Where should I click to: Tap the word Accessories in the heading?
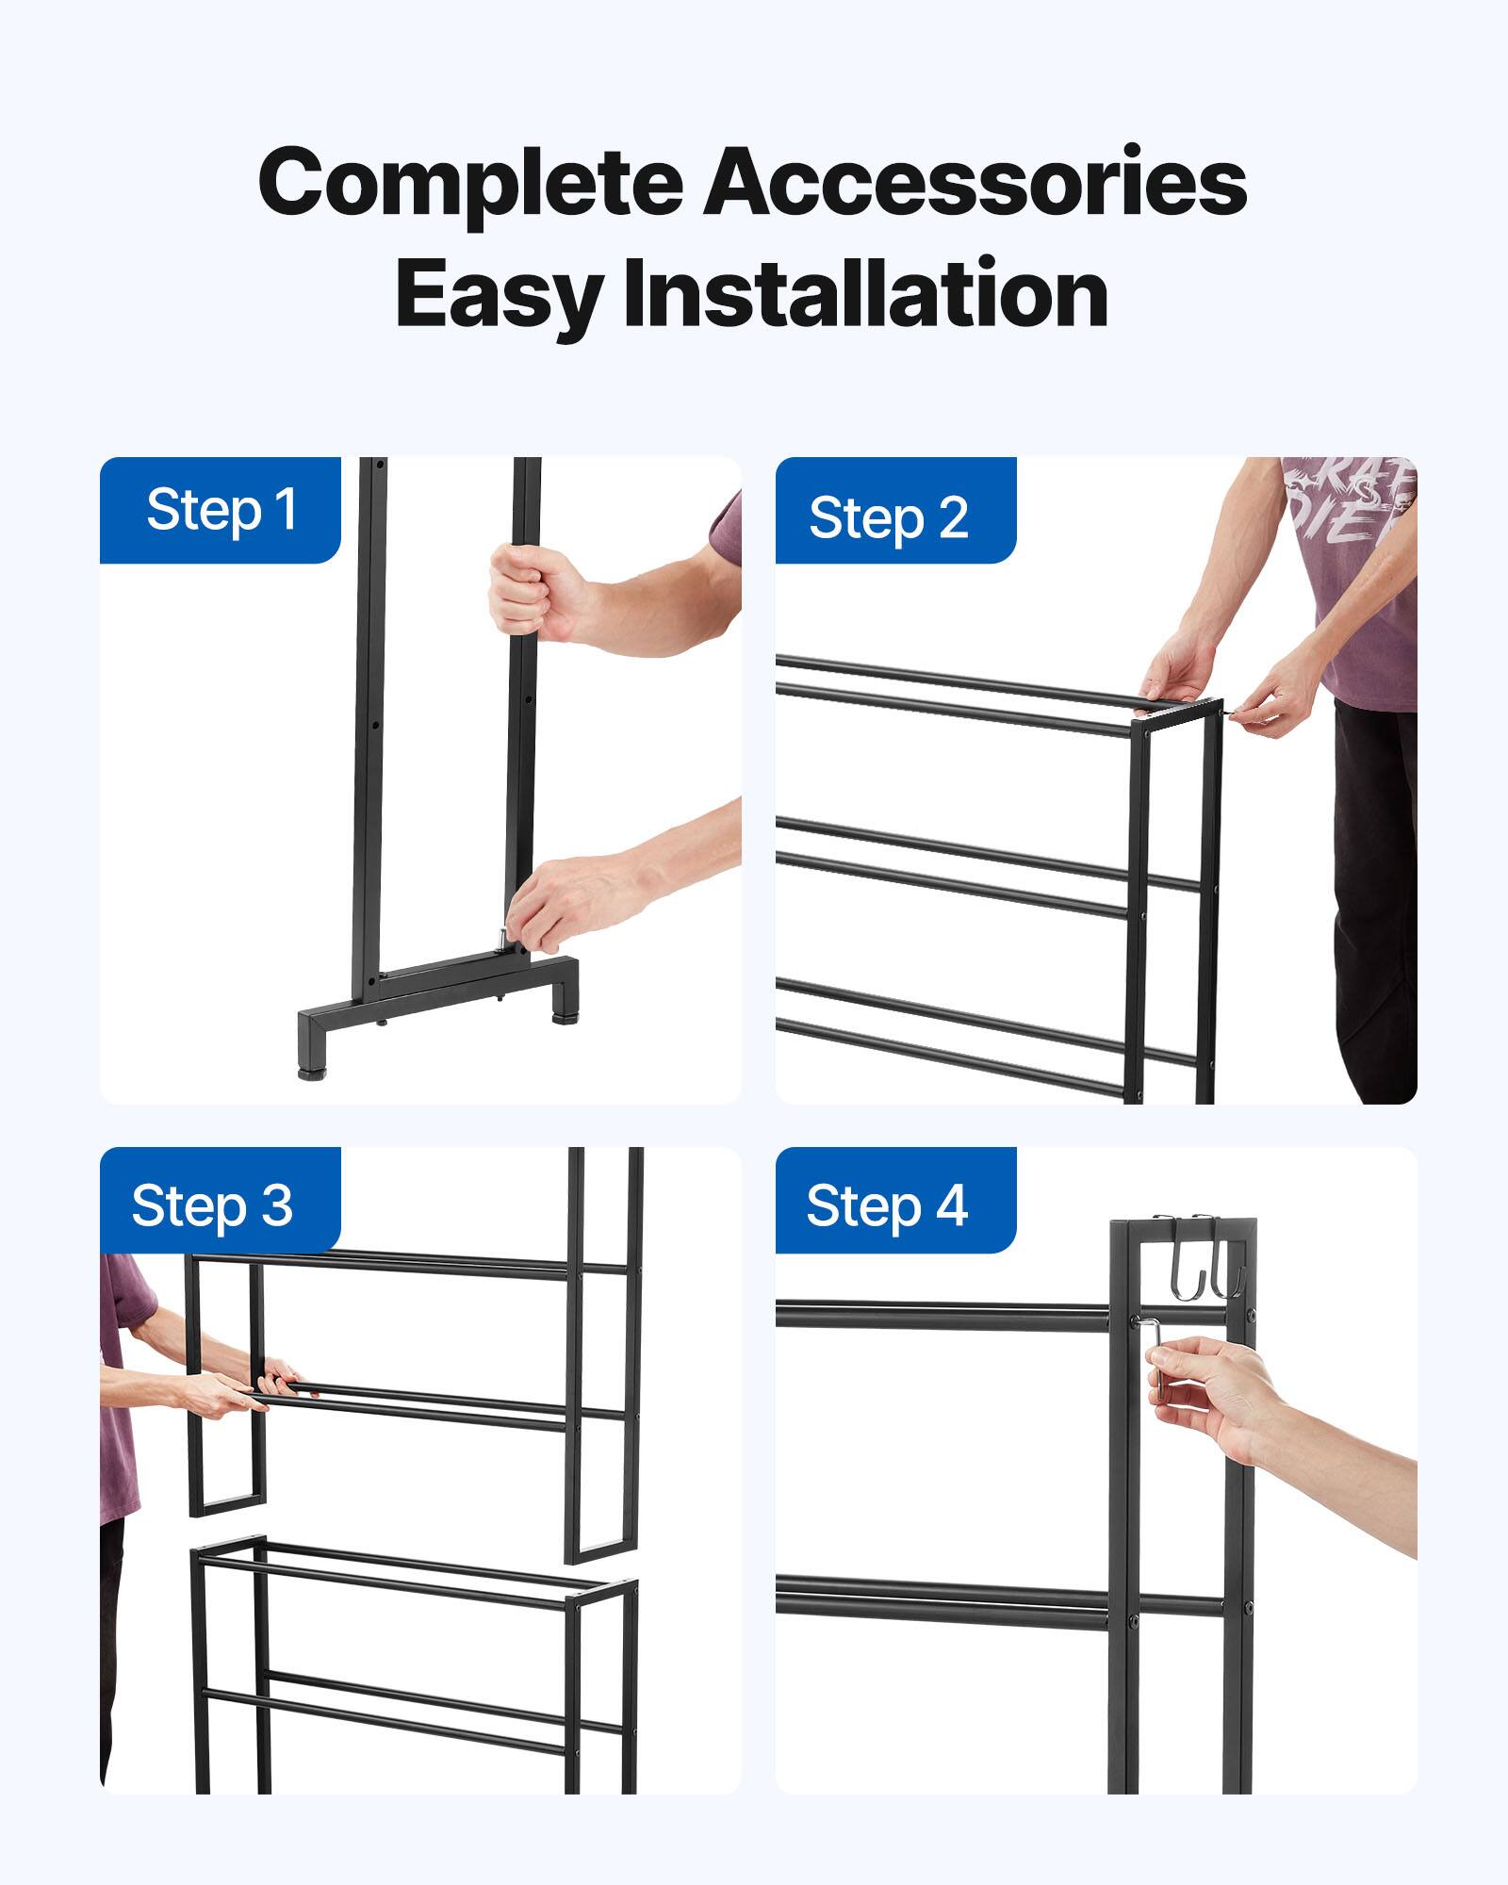tap(975, 182)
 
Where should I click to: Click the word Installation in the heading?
tap(865, 294)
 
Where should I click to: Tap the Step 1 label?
tap(221, 510)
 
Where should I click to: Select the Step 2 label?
tap(888, 517)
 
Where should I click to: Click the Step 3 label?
tap(212, 1205)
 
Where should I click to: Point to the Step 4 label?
tap(886, 1205)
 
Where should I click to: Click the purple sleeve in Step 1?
tap(727, 527)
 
